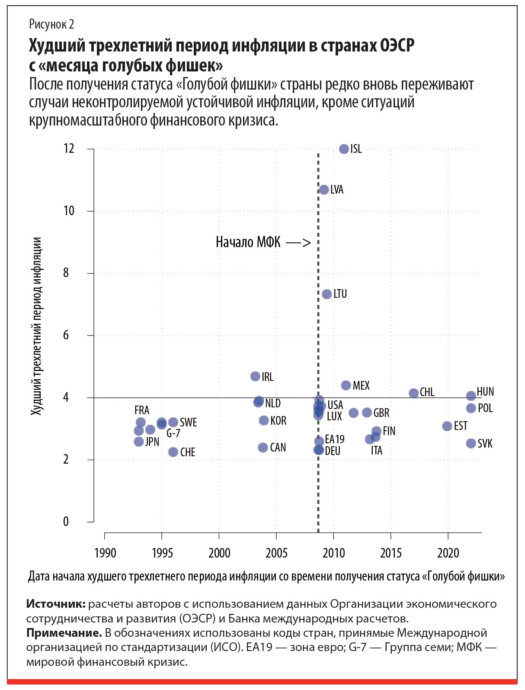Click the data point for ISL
click(x=344, y=149)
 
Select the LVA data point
click(x=324, y=190)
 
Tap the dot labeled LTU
click(x=327, y=294)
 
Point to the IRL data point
click(x=256, y=377)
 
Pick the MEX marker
click(x=346, y=385)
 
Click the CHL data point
click(x=414, y=393)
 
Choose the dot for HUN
click(x=471, y=396)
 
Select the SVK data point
click(x=471, y=443)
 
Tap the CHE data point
click(x=173, y=452)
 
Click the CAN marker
click(x=263, y=447)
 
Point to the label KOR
click(x=278, y=421)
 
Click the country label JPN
click(x=152, y=442)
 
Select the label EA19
click(x=335, y=439)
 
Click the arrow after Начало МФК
click(x=298, y=242)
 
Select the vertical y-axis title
click(x=37, y=326)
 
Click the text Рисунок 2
click(x=51, y=24)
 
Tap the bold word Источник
click(x=56, y=604)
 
